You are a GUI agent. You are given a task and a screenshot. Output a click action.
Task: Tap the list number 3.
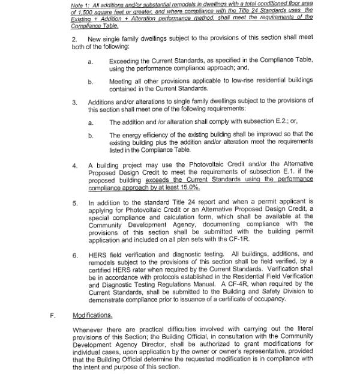(74, 102)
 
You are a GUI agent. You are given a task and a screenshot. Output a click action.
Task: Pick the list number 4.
(74, 164)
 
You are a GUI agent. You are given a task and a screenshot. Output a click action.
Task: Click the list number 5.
(74, 204)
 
